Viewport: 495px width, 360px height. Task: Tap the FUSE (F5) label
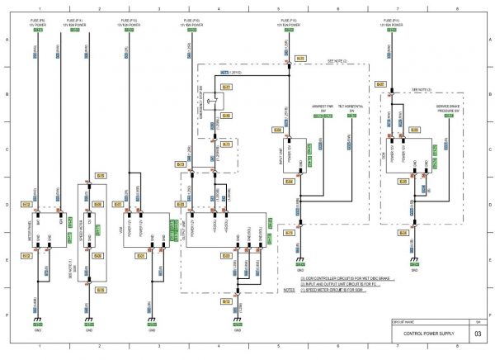tap(37, 18)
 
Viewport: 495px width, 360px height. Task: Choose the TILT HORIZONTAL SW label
tap(351, 107)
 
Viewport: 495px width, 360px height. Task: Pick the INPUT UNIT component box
tap(290, 155)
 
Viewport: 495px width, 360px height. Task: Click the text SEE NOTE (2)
tap(338, 61)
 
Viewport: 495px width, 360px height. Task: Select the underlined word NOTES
tap(288, 290)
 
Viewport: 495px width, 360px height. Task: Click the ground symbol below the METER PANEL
tap(38, 320)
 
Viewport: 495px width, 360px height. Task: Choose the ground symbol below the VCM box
tap(151, 320)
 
